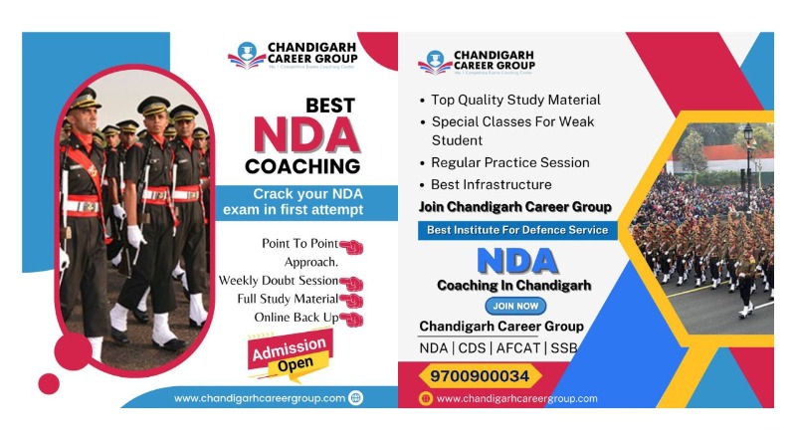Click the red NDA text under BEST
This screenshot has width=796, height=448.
pyautogui.click(x=305, y=135)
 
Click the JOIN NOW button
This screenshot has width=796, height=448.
pyautogui.click(x=515, y=307)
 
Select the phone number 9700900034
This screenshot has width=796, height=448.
pyautogui.click(x=480, y=376)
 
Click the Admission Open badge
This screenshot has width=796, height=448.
pyautogui.click(x=289, y=353)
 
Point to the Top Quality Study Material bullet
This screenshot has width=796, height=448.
pyautogui.click(x=515, y=100)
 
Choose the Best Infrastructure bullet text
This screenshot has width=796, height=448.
pyautogui.click(x=491, y=184)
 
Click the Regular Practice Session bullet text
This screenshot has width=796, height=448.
pyautogui.click(x=509, y=162)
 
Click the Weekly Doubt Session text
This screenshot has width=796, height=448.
pyautogui.click(x=278, y=281)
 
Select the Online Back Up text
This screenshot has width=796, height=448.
pyautogui.click(x=297, y=317)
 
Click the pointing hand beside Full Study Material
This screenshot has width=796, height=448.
pyautogui.click(x=351, y=300)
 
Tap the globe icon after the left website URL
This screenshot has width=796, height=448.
pyautogui.click(x=355, y=398)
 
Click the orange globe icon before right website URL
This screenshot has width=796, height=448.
pyautogui.click(x=426, y=398)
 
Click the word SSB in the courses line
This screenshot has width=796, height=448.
pyautogui.click(x=562, y=347)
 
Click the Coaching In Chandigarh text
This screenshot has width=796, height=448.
pyautogui.click(x=513, y=285)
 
